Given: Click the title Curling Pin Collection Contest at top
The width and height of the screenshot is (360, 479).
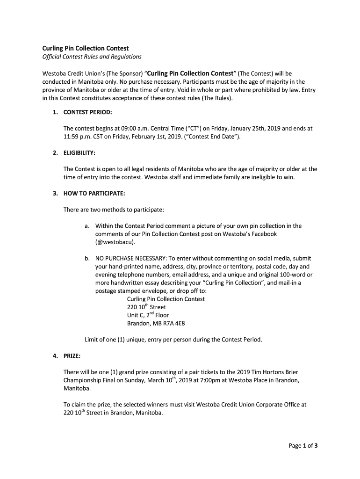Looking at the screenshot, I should click(86, 48).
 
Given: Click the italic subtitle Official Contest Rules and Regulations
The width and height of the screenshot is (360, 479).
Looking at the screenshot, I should click(92, 57).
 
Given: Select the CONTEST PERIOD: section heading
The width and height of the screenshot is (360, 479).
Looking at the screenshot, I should click(87, 112).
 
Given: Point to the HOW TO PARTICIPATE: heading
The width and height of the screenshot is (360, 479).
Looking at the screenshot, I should click(94, 193).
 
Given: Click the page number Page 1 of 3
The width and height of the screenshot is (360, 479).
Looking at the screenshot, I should click(303, 446).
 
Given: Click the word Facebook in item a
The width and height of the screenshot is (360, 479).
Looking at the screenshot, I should click(264, 234).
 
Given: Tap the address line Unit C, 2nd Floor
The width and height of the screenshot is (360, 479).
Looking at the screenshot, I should click(148, 315).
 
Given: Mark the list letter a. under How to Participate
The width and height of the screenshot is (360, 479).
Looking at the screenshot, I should click(87, 226).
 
